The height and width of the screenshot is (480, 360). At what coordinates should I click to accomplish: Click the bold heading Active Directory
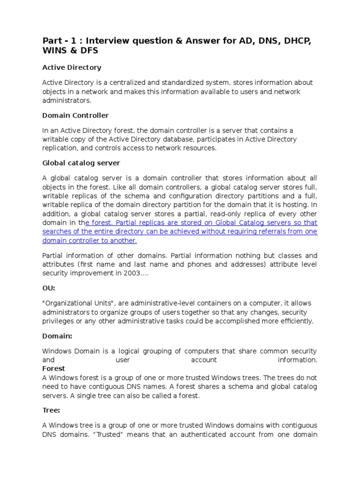[71, 67]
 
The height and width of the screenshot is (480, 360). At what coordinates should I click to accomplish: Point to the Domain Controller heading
[75, 115]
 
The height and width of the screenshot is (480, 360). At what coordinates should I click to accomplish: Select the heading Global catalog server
[81, 163]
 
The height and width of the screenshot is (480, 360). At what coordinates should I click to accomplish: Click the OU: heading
[48, 288]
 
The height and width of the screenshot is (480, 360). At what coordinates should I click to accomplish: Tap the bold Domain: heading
[57, 336]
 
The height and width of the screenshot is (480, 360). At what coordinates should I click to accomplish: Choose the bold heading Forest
[53, 369]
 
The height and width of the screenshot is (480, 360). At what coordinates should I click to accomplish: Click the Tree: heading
[51, 410]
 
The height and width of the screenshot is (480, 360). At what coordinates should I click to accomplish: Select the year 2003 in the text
[135, 273]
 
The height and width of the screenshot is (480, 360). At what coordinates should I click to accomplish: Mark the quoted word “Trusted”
[89, 434]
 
